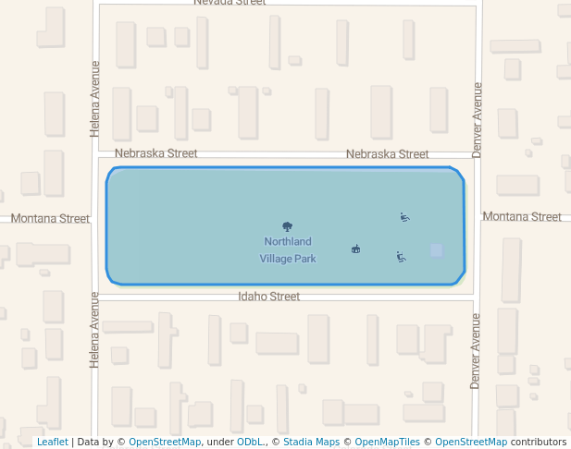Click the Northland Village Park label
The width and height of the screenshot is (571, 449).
288,250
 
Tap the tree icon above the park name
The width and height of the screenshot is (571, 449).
288,226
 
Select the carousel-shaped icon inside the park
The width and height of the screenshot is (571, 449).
355,249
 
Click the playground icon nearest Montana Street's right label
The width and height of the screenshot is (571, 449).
404,218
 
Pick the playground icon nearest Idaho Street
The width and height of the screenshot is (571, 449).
401,257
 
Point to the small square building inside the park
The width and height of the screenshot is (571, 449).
436,249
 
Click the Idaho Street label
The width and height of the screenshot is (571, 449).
268,297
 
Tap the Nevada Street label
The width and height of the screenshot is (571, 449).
230,3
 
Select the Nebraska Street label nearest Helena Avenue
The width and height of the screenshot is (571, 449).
155,152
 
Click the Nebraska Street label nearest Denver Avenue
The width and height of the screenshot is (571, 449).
387,154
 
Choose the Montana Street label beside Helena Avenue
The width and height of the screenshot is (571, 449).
50,219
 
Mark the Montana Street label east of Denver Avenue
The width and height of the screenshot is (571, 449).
522,217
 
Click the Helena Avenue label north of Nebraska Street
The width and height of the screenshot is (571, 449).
94,99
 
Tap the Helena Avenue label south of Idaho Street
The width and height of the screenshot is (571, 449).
94,330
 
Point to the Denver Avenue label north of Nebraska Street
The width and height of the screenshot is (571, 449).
478,119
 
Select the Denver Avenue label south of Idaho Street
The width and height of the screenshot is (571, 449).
476,351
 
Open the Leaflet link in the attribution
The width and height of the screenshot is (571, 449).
52,443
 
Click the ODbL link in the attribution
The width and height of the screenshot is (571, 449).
249,443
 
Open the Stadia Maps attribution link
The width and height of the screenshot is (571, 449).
311,443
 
